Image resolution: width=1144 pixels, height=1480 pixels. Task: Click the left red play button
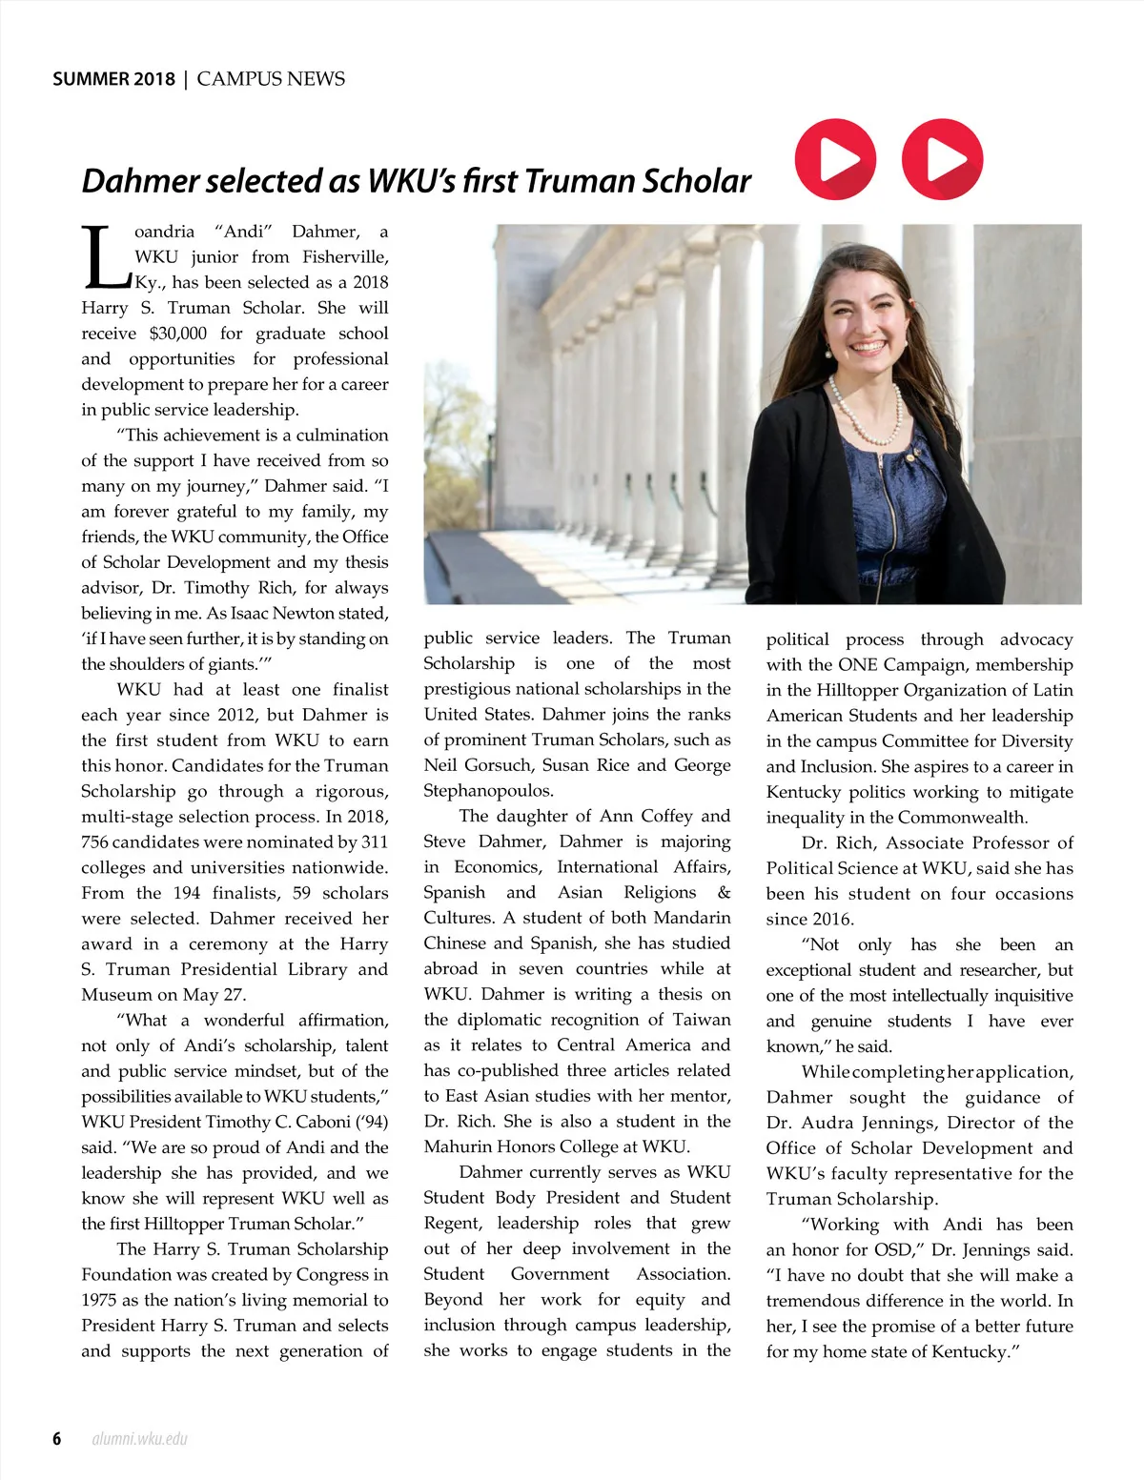point(835,159)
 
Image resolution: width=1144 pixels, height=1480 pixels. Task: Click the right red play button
point(942,159)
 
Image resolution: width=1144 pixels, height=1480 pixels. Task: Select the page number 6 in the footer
point(57,1438)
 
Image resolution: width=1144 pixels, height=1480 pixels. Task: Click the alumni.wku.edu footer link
point(139,1438)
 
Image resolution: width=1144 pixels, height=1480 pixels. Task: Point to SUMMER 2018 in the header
point(113,79)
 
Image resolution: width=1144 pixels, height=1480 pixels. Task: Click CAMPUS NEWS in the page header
point(271,79)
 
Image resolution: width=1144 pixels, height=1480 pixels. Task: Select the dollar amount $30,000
point(177,334)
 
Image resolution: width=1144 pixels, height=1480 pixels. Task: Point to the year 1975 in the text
point(100,1300)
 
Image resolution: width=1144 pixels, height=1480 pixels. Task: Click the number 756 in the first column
point(94,842)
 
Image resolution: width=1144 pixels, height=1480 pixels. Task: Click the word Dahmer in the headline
point(140,181)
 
